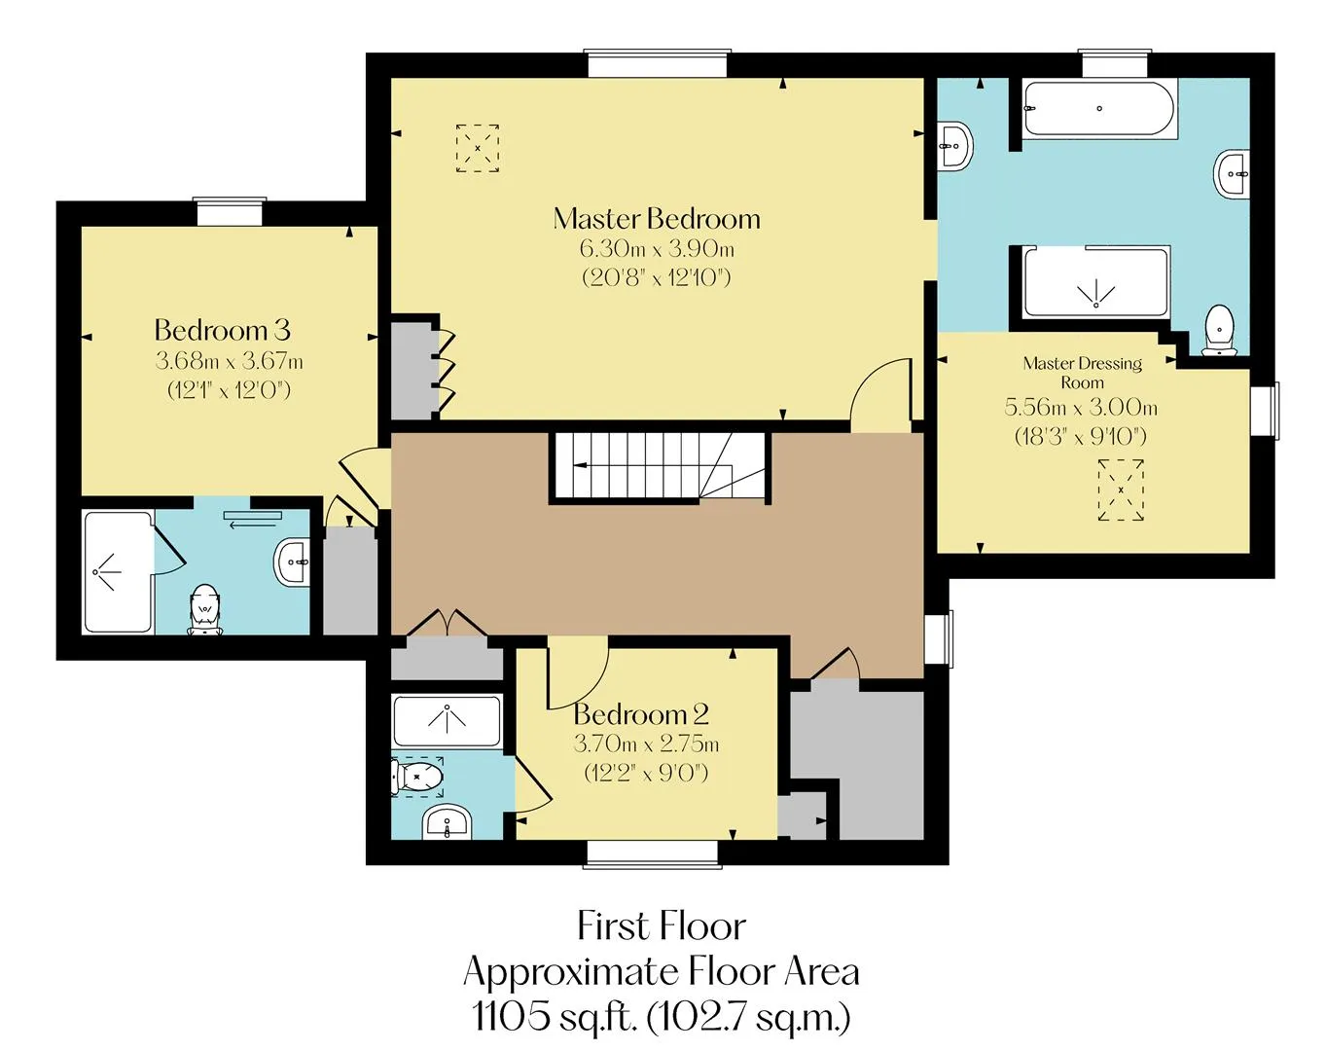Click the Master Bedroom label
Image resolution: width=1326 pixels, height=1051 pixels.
[x=657, y=219]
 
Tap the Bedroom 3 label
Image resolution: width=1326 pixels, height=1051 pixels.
[x=222, y=331]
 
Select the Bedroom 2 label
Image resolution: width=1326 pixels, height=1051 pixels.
[x=641, y=714]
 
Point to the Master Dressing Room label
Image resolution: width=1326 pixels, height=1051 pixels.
[x=1083, y=373]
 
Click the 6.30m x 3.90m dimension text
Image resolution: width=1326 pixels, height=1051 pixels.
[x=657, y=249]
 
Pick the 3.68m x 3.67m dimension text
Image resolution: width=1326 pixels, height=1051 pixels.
[x=230, y=361]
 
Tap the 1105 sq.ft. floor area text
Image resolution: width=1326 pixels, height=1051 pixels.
[x=662, y=1017]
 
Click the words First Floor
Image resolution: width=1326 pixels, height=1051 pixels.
[x=662, y=926]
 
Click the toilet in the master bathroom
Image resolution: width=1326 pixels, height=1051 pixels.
[x=1219, y=330]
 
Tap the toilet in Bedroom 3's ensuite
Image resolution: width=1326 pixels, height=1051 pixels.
[x=204, y=609]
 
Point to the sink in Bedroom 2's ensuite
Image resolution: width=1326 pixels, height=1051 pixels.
[x=447, y=821]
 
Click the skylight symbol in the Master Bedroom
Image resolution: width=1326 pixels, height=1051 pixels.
[x=478, y=148]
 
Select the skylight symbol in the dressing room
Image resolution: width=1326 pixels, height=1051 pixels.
[x=1121, y=490]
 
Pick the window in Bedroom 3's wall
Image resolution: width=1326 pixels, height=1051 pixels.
[x=230, y=212]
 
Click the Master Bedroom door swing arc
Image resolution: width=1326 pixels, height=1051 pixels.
[x=878, y=387]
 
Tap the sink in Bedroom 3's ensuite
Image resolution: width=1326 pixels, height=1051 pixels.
[x=293, y=562]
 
